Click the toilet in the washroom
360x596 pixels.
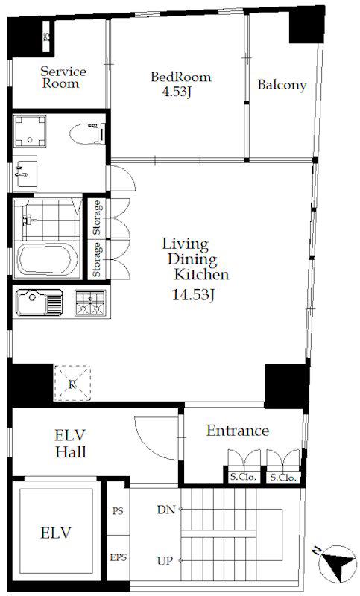click(86, 133)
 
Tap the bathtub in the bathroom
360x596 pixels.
click(48, 259)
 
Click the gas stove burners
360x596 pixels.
click(90, 303)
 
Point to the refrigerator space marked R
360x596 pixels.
click(72, 383)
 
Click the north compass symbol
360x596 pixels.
click(337, 563)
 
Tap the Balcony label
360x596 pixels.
click(282, 85)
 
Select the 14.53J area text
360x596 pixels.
click(194, 295)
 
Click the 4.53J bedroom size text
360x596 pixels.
click(177, 92)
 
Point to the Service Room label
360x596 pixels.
click(64, 77)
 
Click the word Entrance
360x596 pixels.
click(238, 431)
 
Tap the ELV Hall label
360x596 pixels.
click(71, 443)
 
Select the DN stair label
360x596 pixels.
click(166, 510)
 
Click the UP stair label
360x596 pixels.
click(165, 560)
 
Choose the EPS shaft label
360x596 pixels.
click(119, 557)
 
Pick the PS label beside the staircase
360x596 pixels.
click(118, 511)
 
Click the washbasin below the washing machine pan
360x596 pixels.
click(25, 173)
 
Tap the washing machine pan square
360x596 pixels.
click(30, 131)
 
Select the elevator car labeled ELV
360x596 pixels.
click(56, 532)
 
